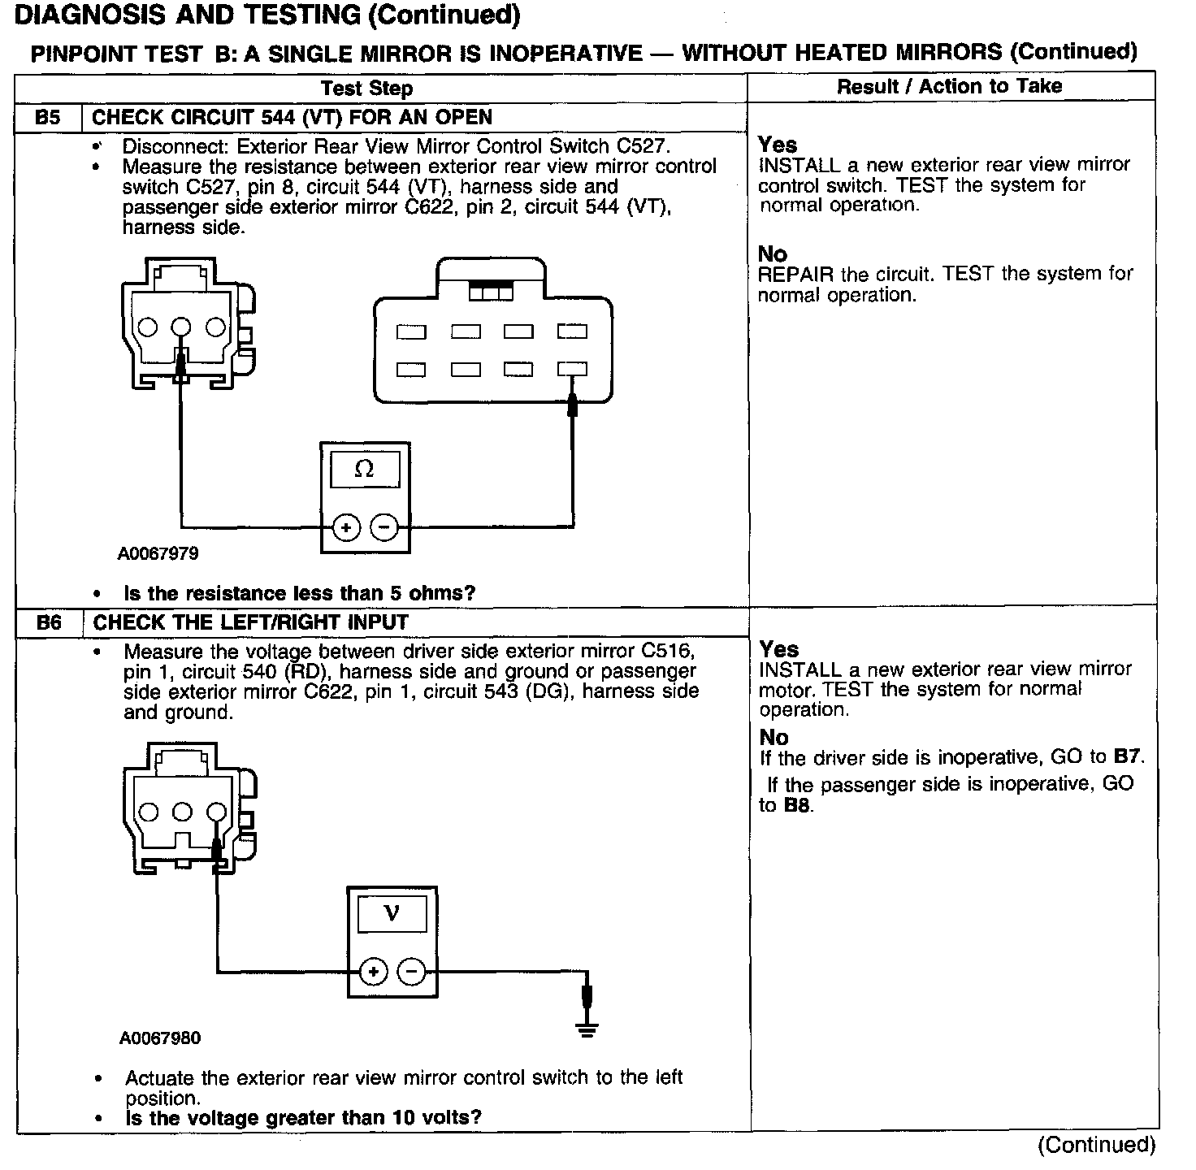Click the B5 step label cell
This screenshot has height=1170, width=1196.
(48, 118)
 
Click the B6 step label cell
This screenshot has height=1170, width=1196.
(49, 623)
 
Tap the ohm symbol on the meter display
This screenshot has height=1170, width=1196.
(365, 470)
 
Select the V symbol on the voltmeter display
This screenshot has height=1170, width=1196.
(392, 914)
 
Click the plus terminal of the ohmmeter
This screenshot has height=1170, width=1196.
(346, 528)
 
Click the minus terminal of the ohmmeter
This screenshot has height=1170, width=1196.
(384, 528)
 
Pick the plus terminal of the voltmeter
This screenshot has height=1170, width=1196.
(373, 972)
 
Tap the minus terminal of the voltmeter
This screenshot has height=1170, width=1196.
(412, 972)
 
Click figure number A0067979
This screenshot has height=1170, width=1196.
(158, 554)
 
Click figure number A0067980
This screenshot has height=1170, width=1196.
(159, 1038)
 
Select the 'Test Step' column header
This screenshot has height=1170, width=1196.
(366, 89)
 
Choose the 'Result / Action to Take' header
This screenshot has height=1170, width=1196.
(949, 86)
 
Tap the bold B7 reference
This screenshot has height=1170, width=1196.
(1128, 757)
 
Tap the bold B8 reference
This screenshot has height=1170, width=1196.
(797, 806)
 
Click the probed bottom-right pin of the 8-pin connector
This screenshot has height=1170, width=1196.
(572, 370)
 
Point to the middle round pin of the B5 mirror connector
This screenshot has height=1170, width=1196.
(181, 327)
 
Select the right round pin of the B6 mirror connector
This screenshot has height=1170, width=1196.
(216, 812)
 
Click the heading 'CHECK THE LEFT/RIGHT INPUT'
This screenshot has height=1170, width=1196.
(250, 623)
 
